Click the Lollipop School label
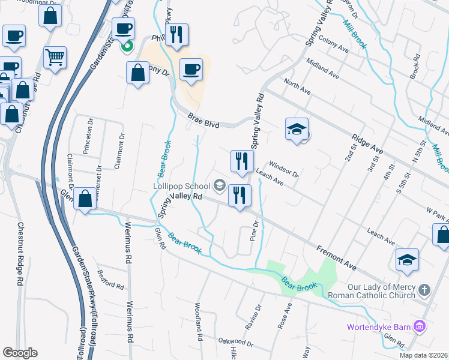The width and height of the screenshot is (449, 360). click(x=181, y=185)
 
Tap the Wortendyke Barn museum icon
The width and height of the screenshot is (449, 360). click(x=420, y=327)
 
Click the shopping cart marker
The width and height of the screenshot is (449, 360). click(x=55, y=58)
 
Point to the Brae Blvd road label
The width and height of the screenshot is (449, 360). click(x=203, y=121)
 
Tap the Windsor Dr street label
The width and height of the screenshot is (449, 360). click(x=283, y=169)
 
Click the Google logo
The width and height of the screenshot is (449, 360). click(x=20, y=353)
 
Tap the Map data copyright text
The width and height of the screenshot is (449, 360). click(x=424, y=355)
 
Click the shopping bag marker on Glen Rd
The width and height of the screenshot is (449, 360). click(x=85, y=198)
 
